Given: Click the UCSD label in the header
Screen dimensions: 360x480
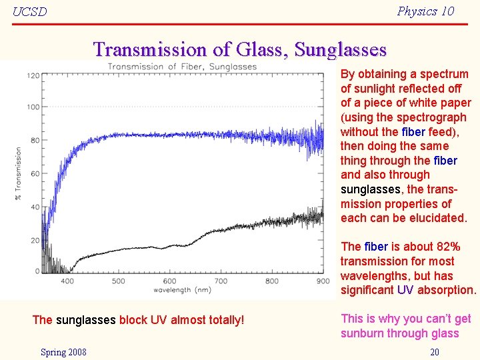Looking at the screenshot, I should [x=30, y=12].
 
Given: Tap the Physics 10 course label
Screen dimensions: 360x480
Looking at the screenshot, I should [x=425, y=11].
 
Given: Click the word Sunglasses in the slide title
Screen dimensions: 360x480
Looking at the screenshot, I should [x=340, y=49].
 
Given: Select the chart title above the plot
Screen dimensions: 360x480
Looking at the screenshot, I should [x=182, y=66].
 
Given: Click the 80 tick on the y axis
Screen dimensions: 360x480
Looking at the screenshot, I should [x=35, y=140].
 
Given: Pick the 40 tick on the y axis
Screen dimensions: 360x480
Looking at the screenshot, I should [x=35, y=206].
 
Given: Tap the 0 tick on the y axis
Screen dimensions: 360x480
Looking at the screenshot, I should [x=37, y=271].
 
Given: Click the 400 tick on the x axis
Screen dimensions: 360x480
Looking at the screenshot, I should [x=67, y=281].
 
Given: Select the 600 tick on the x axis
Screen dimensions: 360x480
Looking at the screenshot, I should [x=169, y=281].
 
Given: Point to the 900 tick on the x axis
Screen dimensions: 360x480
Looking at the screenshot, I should [x=323, y=281].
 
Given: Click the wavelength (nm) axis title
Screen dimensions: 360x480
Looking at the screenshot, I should [x=182, y=290].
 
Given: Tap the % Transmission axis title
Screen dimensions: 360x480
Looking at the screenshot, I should [x=18, y=173].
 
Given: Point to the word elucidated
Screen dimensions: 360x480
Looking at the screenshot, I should [x=436, y=218].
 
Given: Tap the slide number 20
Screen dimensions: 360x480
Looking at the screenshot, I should [x=434, y=352].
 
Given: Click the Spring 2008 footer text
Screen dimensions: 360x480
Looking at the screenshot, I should [x=63, y=352].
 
